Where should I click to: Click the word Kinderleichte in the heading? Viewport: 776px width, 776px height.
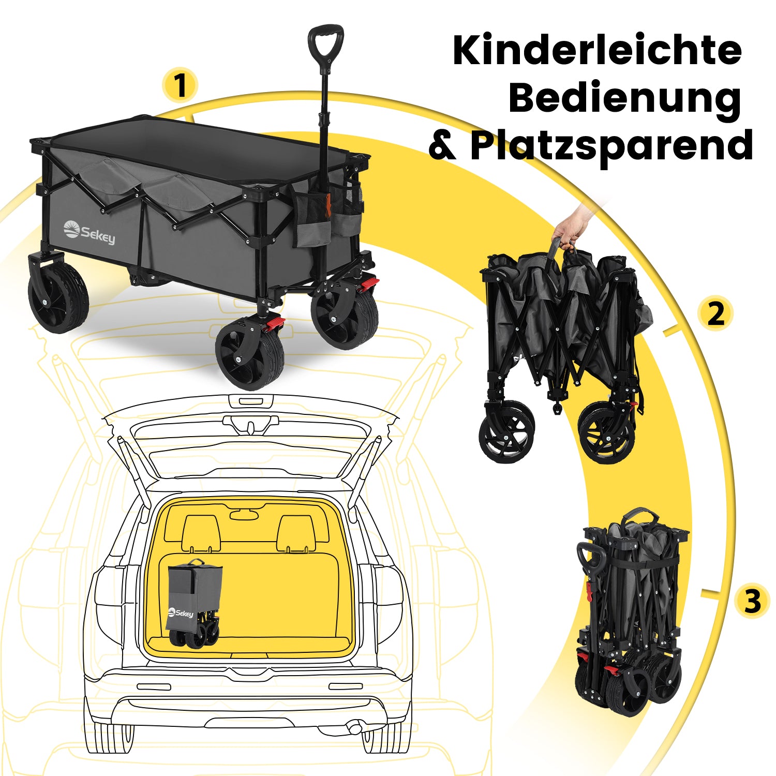pos(597,50)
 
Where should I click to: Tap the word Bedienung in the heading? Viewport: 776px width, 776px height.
pos(625,99)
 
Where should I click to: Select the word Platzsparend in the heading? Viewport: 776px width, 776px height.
pos(611,146)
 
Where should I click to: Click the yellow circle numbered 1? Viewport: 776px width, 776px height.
pos(180,85)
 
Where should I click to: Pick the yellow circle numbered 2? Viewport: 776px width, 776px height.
pos(715,314)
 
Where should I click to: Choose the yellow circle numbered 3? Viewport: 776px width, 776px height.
pos(753,602)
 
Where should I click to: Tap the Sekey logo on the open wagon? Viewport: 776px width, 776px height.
pos(89,232)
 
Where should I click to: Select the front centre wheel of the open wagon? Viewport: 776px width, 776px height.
pos(250,353)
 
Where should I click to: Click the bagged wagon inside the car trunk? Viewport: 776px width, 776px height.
pos(194,603)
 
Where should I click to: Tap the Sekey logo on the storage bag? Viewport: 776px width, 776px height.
pos(181,613)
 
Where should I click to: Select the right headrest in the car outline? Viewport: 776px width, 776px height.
pos(296,533)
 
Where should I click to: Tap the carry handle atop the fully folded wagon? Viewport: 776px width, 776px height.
pos(640,516)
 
